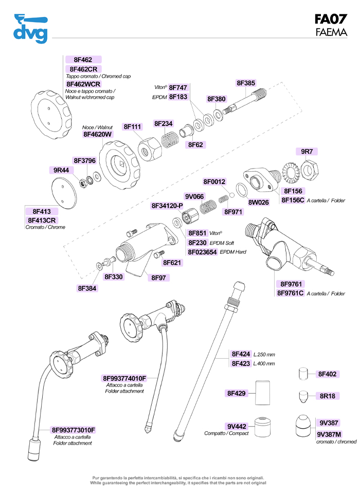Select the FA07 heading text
[331, 19]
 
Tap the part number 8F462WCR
[83, 84]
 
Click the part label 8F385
[246, 83]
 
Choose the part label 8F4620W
[97, 134]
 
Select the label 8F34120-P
[167, 206]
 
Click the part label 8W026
[259, 202]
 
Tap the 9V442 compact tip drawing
[263, 426]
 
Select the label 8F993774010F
[125, 378]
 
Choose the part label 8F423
[241, 363]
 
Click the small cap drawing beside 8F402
[303, 374]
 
